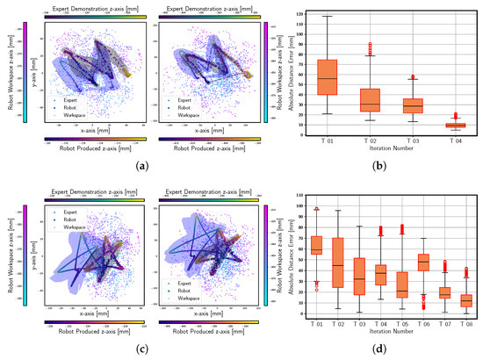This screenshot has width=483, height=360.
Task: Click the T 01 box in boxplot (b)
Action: coord(327,77)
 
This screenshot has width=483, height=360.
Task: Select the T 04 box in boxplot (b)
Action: coord(431,126)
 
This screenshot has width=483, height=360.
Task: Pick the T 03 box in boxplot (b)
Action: coord(396,105)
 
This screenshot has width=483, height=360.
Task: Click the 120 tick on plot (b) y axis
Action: coord(304,15)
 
